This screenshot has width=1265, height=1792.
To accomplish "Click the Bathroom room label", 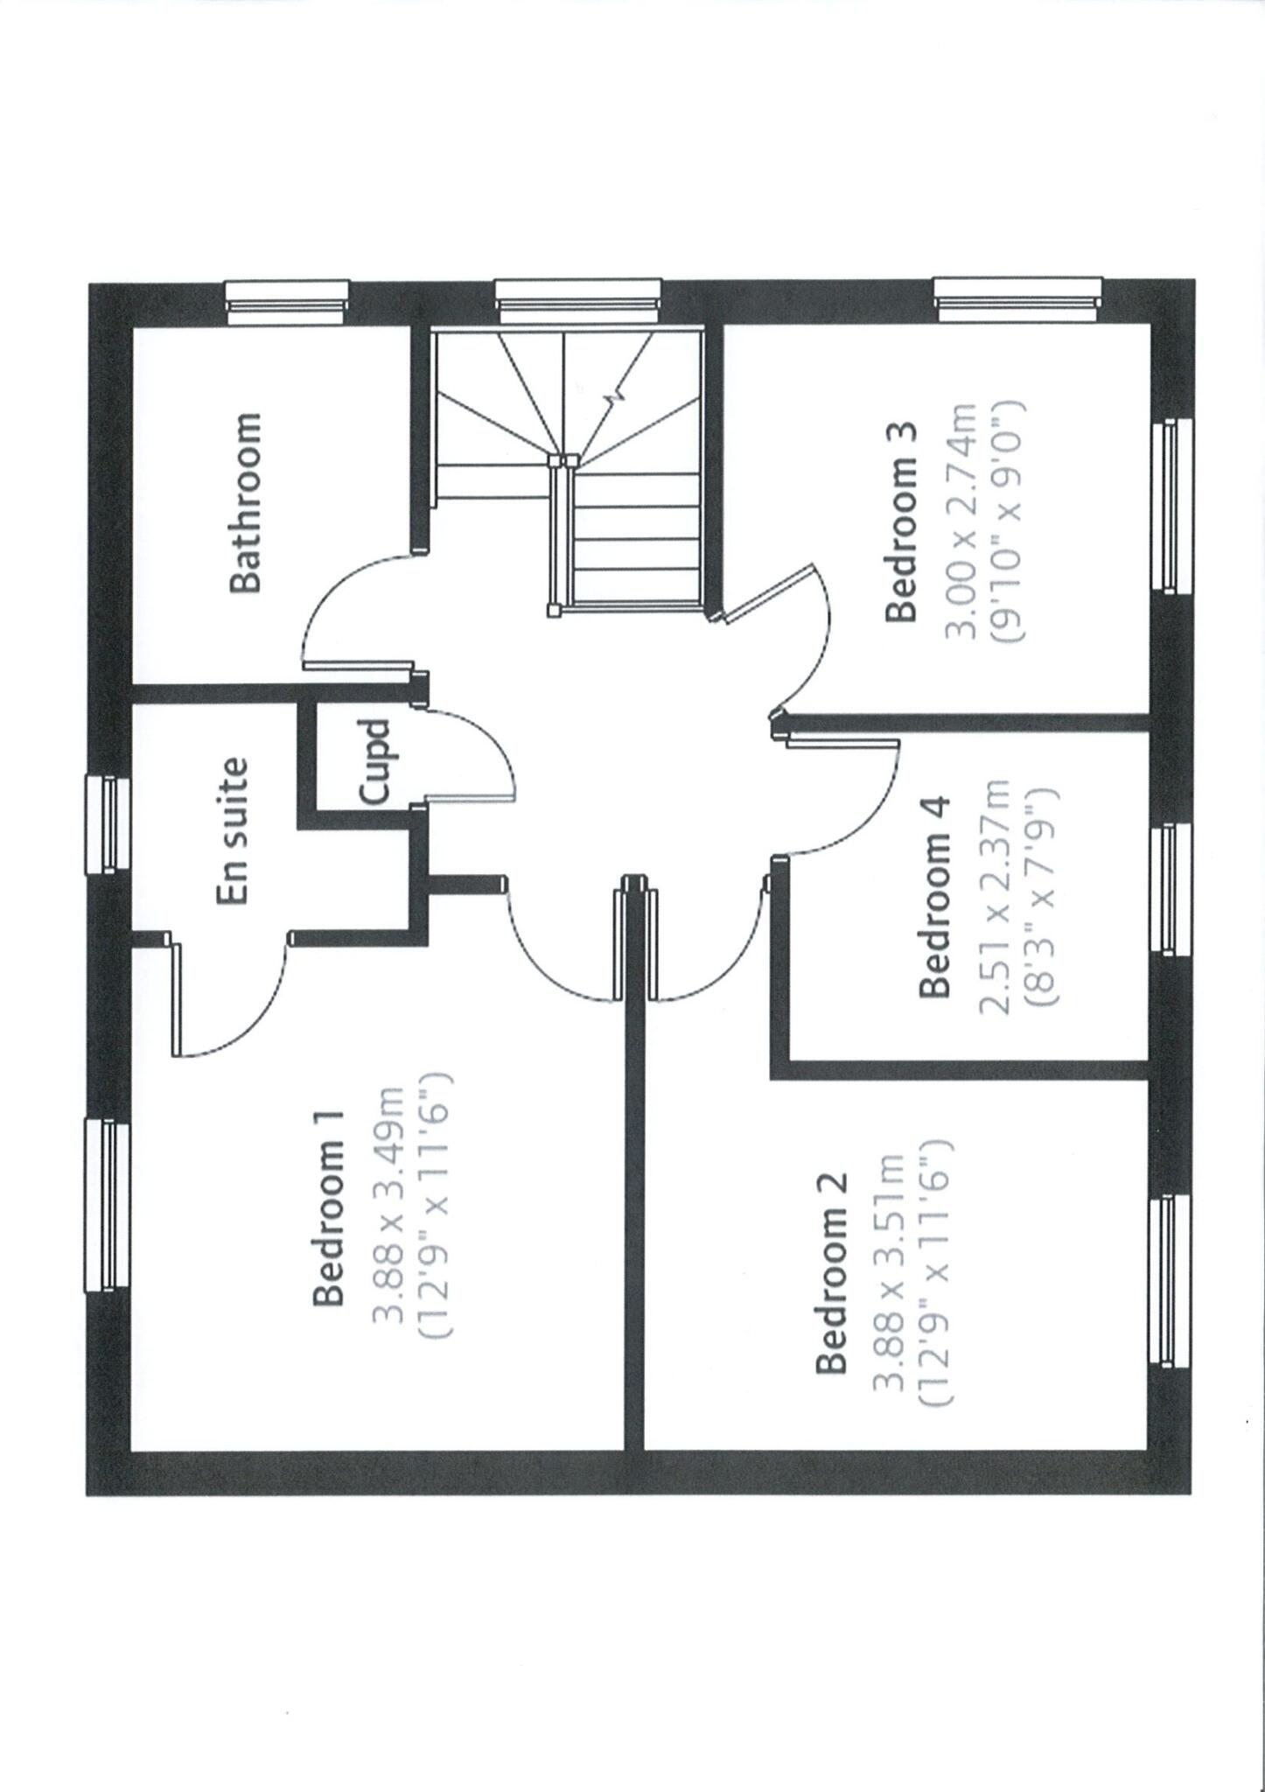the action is (x=245, y=503).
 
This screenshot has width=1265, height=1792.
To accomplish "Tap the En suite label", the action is (x=233, y=830).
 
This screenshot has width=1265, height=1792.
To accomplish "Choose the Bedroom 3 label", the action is (x=901, y=522).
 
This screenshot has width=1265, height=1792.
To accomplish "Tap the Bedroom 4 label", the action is (x=934, y=897).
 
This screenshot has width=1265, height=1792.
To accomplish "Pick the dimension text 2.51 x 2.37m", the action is (x=994, y=897).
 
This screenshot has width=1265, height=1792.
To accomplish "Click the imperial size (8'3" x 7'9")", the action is (x=1044, y=897).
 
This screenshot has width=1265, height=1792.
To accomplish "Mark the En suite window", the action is (x=107, y=823).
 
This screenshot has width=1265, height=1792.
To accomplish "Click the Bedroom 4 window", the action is (x=1169, y=886).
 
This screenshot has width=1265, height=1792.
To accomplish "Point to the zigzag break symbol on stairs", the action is (x=613, y=395).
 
